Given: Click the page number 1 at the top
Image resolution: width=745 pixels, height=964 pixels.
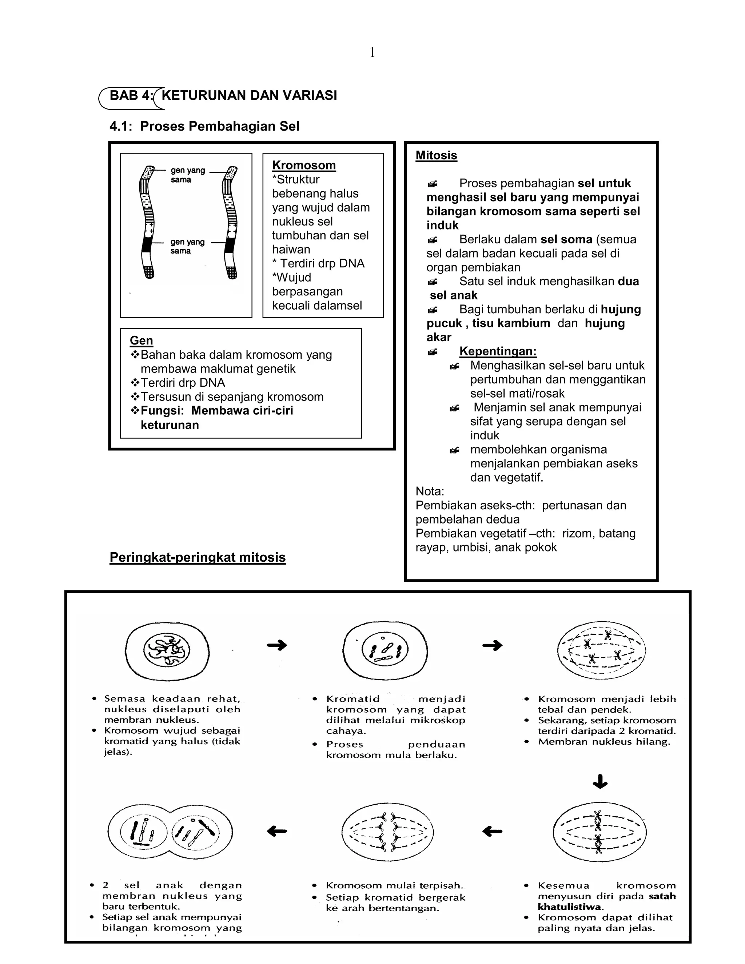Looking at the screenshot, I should click(372, 53).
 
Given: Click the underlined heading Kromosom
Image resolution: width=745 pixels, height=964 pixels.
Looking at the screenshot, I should click(304, 166).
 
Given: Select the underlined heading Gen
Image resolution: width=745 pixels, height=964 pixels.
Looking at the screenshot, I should click(141, 340).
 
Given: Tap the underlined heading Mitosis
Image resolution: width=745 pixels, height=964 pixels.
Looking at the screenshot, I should click(436, 155).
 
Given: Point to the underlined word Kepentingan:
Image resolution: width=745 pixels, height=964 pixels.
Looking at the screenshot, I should click(498, 351).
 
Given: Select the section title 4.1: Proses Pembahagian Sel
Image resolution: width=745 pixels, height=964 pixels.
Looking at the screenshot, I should click(204, 126).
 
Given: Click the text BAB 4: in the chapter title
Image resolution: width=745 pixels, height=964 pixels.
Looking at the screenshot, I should click(131, 95).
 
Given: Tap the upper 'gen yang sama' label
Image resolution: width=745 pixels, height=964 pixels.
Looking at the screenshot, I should click(188, 175).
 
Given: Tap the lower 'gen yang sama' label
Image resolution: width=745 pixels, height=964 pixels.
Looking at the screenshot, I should click(188, 246).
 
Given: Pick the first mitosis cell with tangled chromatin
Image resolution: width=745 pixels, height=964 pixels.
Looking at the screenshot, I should click(167, 651).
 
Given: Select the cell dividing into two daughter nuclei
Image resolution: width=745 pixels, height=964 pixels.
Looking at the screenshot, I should click(170, 832).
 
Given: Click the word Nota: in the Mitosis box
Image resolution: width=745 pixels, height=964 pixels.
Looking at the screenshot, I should click(430, 491).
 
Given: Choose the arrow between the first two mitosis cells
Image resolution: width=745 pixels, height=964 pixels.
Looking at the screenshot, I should click(277, 645).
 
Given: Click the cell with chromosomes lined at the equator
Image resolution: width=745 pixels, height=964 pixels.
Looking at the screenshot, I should click(600, 832).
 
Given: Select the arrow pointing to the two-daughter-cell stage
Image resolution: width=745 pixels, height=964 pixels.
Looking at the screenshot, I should click(277, 832).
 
